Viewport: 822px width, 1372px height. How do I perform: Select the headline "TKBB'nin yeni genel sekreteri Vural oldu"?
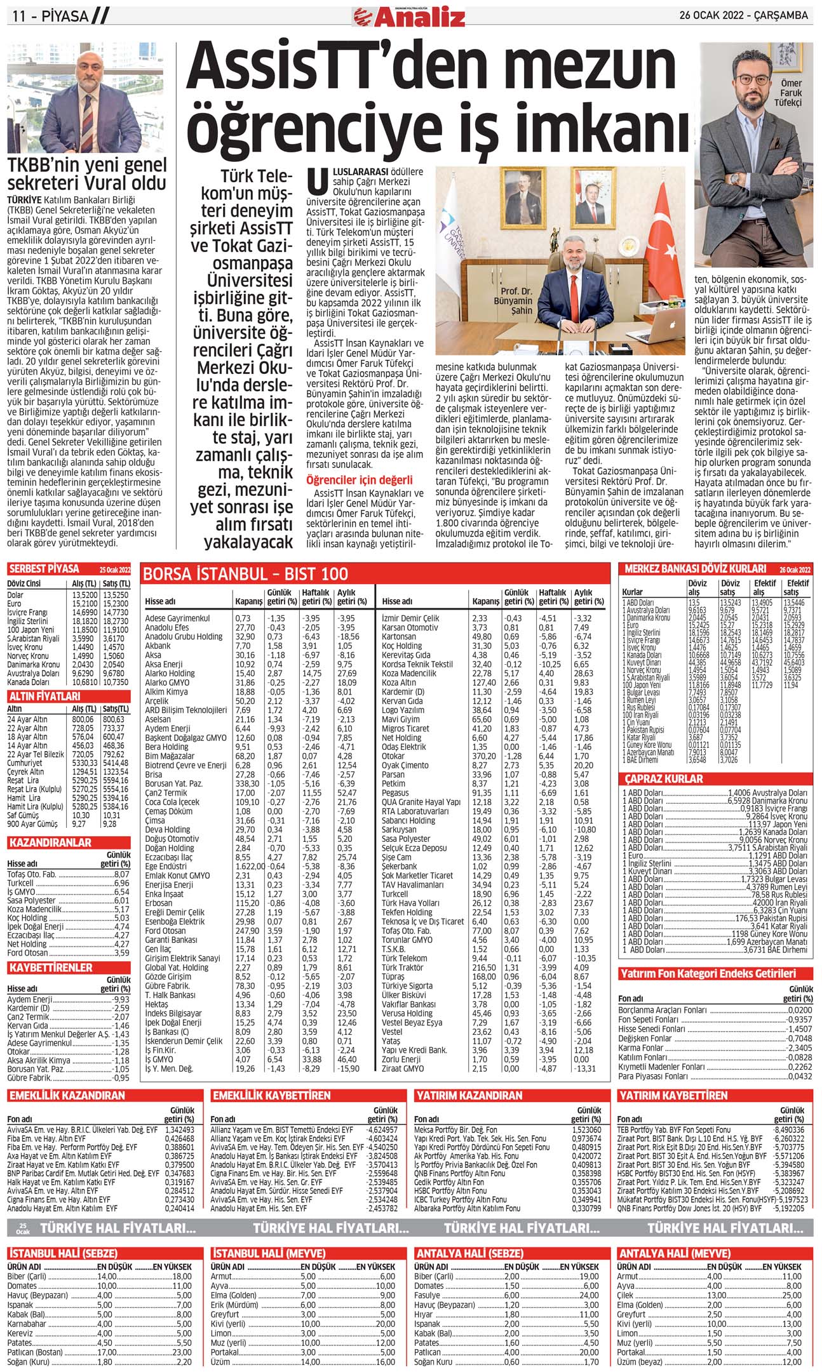point(87,174)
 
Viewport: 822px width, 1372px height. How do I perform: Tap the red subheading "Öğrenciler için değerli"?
point(359,480)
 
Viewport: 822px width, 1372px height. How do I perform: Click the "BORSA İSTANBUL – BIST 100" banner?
point(245,574)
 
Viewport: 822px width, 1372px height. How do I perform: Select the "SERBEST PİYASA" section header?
point(44,569)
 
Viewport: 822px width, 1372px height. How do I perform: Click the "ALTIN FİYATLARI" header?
point(44,696)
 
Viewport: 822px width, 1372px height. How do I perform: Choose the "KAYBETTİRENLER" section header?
point(51,968)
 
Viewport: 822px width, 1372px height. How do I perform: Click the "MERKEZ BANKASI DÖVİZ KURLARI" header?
point(696,569)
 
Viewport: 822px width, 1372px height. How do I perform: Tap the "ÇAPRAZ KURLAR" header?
point(664,778)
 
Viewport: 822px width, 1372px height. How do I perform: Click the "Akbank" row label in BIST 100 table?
point(158,646)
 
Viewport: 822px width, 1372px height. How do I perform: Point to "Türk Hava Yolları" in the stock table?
point(410,903)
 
